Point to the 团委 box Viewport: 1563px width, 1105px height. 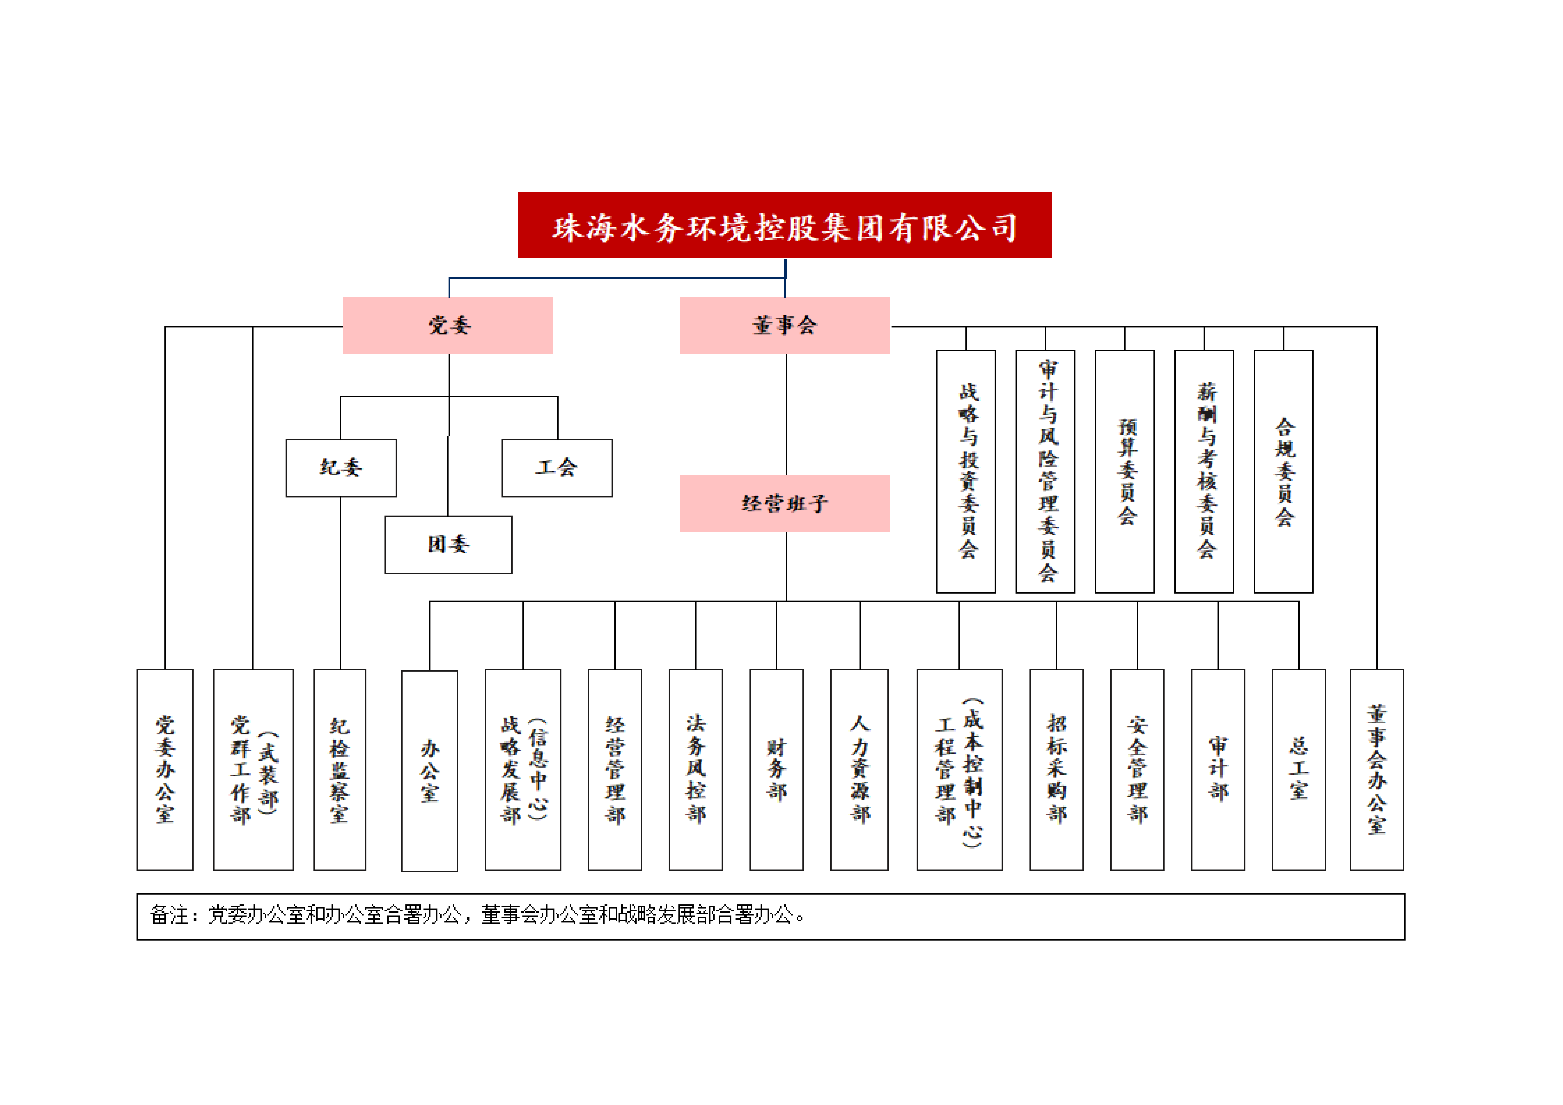448,545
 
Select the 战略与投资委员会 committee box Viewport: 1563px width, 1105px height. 966,472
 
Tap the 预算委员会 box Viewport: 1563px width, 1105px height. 1125,472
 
